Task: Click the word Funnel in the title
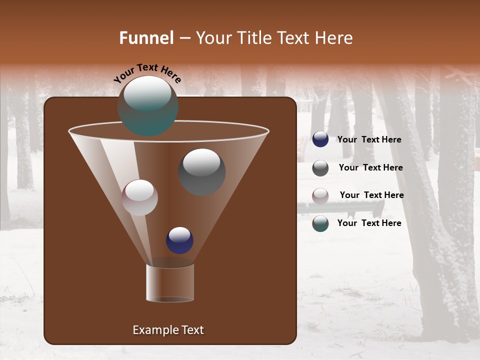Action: click(x=146, y=38)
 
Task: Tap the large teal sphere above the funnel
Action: click(x=147, y=106)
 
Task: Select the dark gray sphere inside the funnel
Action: click(x=201, y=172)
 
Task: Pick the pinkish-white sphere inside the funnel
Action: click(x=139, y=197)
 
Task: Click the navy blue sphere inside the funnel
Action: click(x=179, y=240)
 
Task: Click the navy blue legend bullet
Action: click(x=320, y=139)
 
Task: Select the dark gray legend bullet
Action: click(x=320, y=168)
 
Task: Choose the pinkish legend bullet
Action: click(x=320, y=196)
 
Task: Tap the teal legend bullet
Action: click(x=320, y=223)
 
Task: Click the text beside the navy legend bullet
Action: click(x=369, y=140)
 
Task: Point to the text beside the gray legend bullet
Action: click(x=370, y=168)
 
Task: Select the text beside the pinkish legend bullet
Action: click(x=371, y=195)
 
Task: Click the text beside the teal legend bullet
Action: click(x=369, y=223)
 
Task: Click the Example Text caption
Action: click(x=168, y=330)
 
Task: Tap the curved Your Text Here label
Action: click(x=147, y=73)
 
